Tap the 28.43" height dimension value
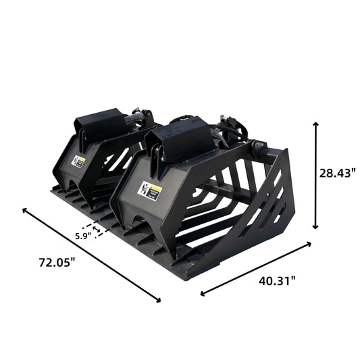point(336,172)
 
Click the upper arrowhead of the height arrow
point(315,125)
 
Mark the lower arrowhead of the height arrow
point(315,227)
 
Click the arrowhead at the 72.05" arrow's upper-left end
point(26,211)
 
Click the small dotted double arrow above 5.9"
point(93,228)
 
